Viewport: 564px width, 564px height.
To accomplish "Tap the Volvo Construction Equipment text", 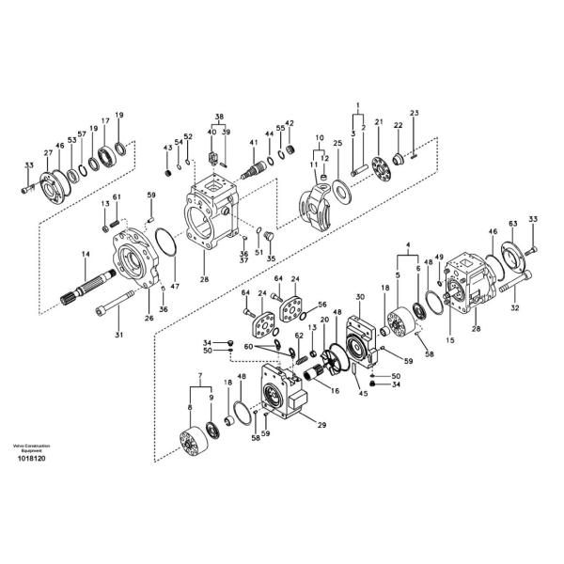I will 32,447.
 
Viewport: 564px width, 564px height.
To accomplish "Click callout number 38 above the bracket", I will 219,118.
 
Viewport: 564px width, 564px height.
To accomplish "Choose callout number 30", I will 359,297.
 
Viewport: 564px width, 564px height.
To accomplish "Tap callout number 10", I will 320,138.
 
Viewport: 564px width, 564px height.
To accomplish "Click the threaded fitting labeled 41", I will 256,170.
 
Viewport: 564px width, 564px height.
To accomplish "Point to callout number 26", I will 149,318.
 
